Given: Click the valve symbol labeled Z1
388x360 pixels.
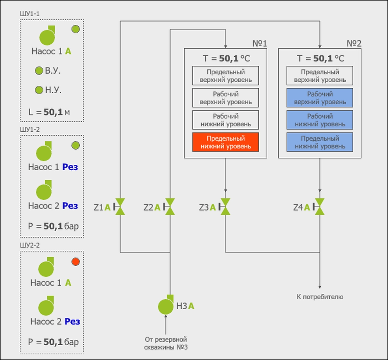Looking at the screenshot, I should (x=121, y=207).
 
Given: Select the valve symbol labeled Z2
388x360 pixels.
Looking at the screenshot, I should (x=170, y=207).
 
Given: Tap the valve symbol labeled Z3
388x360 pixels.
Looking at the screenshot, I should (x=225, y=207).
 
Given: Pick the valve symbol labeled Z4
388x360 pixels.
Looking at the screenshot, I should (x=320, y=207).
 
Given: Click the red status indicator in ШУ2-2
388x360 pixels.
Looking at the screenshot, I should (x=76, y=262).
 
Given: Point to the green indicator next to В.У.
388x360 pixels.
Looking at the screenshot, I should (x=39, y=71).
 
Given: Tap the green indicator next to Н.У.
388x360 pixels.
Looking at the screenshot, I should (x=39, y=90).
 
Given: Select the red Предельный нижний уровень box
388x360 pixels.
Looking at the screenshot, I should (x=225, y=142).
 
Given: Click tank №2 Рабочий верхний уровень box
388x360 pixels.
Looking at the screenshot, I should (x=320, y=98).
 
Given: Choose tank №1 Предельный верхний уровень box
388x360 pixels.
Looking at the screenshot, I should (x=225, y=76).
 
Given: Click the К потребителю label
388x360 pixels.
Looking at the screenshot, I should (x=320, y=297).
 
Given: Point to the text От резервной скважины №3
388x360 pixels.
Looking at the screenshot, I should (x=166, y=343).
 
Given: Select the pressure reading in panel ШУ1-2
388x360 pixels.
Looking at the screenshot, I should (x=53, y=226).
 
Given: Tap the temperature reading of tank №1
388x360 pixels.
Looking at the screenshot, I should (x=225, y=59).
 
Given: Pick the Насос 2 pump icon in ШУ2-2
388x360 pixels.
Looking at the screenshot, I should (x=46, y=306).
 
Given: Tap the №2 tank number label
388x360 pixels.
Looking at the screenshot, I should (x=353, y=43).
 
